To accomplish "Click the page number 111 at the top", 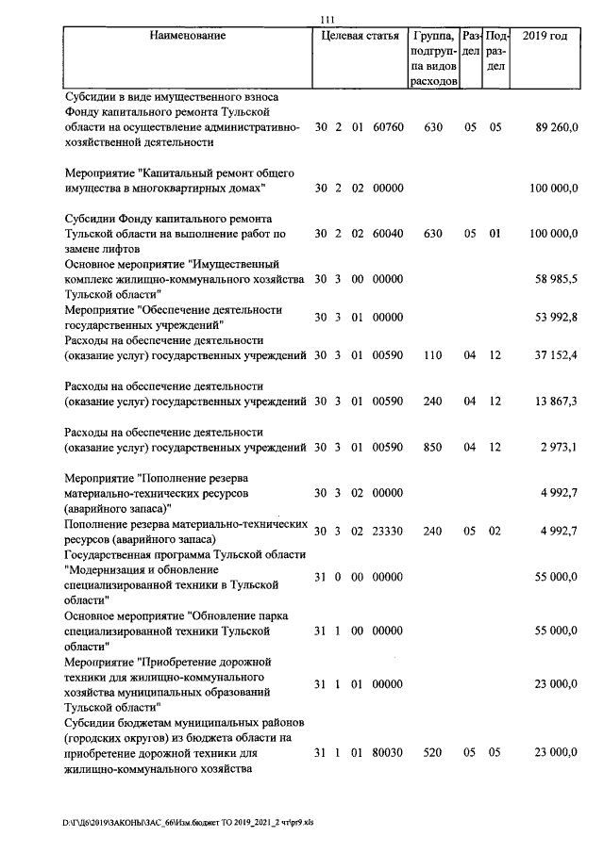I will pyautogui.click(x=328, y=20).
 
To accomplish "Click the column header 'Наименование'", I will pyautogui.click(x=187, y=36).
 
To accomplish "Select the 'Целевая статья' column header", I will pyautogui.click(x=360, y=36).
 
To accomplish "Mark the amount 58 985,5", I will pyautogui.click(x=556, y=279).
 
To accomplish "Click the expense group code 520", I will pyautogui.click(x=433, y=754).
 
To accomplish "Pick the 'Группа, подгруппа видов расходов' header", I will pyautogui.click(x=434, y=58).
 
